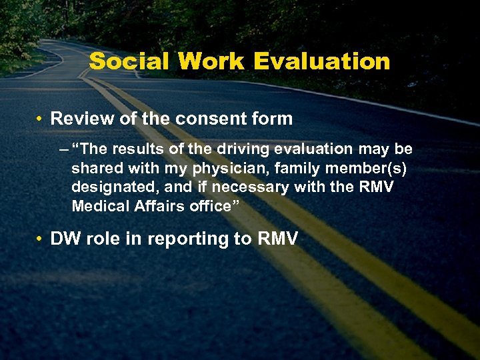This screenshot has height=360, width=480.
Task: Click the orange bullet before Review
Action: [x=41, y=119]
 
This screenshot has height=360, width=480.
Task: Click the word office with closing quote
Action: [x=213, y=205]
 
